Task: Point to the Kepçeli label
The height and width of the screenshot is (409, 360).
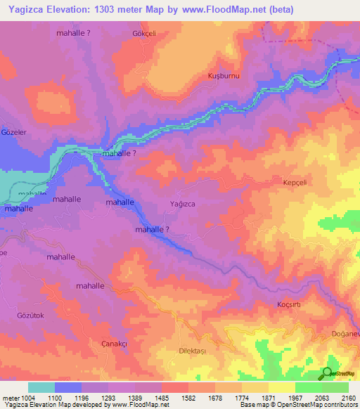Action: click(296, 181)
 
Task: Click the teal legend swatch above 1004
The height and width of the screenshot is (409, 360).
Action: click(41, 387)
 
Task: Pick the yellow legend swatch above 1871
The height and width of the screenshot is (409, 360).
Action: click(281, 387)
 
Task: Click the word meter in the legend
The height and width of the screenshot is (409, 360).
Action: click(11, 398)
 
